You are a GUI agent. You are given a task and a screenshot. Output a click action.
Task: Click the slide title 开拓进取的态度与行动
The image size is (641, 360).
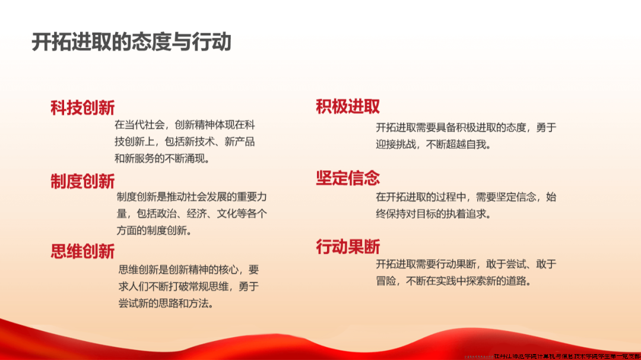131,42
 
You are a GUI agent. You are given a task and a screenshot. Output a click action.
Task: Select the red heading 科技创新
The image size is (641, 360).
82,107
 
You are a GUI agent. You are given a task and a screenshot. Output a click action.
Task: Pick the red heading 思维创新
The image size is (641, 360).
82,251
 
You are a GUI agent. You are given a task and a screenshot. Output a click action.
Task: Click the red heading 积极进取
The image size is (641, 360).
348,107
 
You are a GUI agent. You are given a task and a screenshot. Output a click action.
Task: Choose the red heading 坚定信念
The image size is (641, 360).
348,178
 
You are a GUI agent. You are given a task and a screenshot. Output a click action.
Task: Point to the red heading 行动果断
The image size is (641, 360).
348,247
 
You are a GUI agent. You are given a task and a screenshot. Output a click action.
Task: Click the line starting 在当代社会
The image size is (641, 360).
185,125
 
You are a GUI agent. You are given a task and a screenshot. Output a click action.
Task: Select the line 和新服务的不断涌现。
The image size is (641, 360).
163,158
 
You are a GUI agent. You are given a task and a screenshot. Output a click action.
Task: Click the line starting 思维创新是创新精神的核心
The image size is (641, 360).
189,270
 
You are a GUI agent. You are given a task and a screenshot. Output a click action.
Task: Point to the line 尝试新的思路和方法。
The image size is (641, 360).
166,303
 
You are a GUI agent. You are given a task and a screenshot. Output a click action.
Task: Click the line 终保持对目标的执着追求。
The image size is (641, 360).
433,214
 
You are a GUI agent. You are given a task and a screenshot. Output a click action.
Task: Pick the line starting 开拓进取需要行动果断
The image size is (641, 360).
466,265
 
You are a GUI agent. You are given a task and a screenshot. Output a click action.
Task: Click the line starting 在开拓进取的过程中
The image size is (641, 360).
466,197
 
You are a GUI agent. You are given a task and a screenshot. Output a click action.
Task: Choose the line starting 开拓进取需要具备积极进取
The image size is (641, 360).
466,128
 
